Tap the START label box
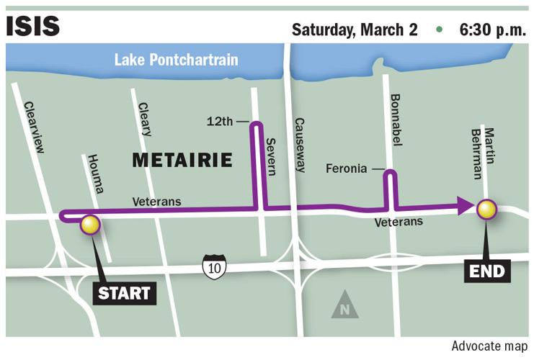coord(124,293)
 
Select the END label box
coord(486,271)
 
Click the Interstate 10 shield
coord(214,266)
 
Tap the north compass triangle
coord(344,305)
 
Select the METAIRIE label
coord(182,160)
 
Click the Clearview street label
coord(35,127)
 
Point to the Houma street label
coord(95,174)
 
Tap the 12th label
coord(221,121)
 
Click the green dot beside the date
coord(438,30)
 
